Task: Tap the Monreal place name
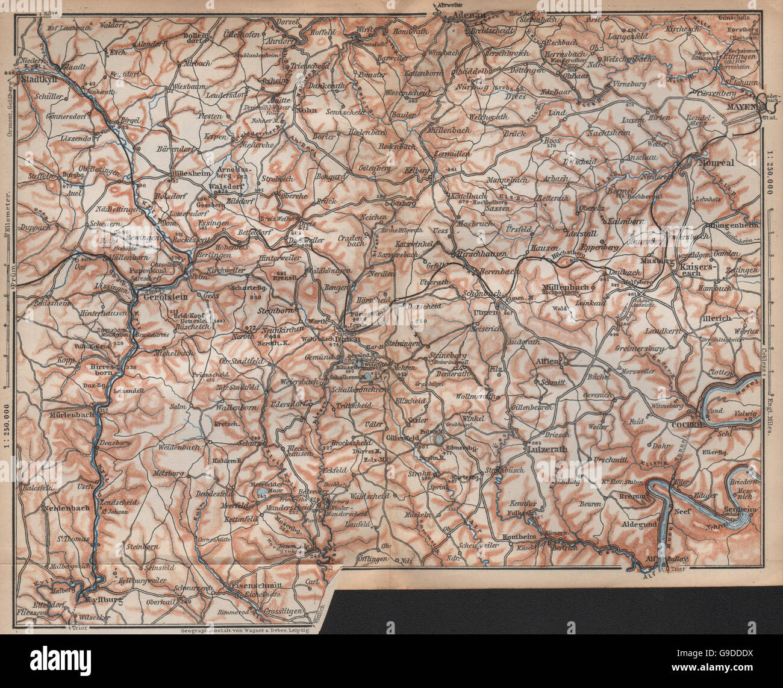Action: [717, 163]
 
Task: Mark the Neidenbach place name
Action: [66, 508]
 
